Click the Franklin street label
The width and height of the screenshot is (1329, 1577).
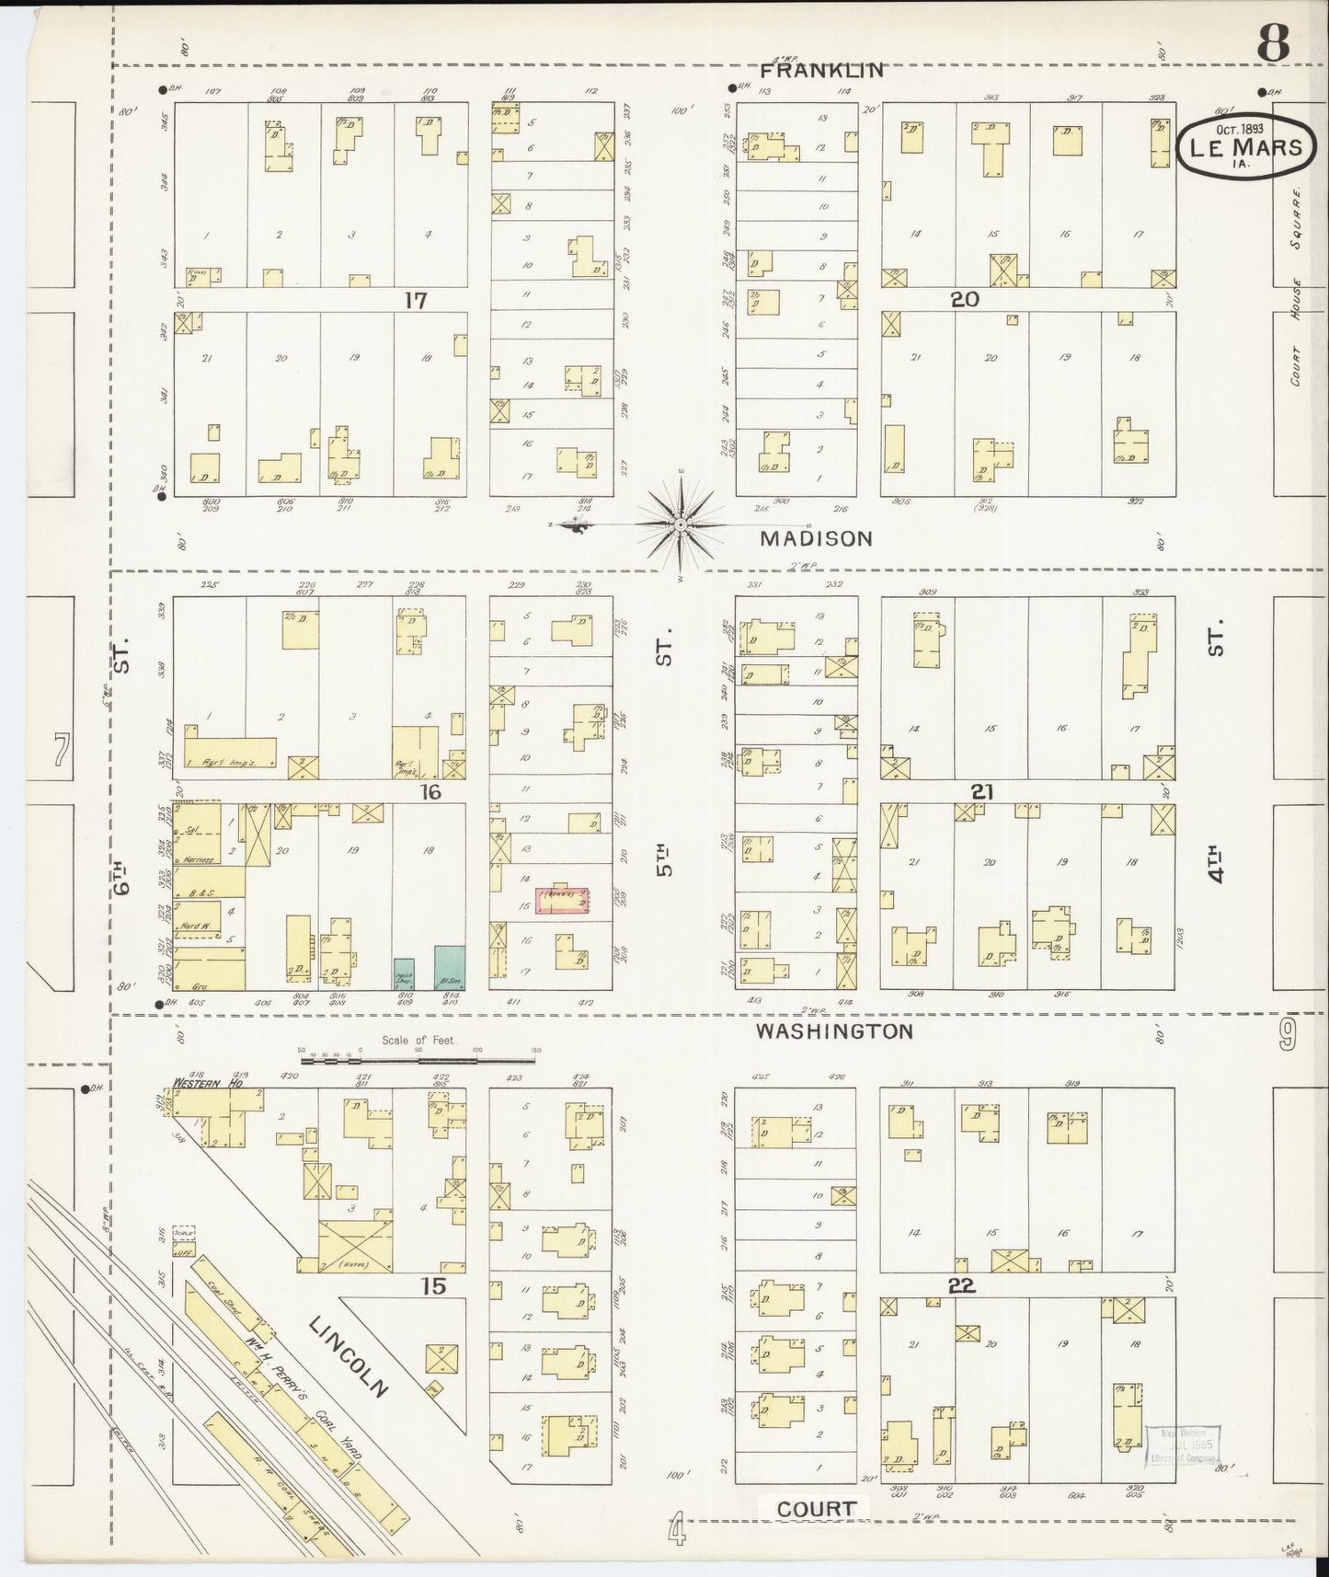822,70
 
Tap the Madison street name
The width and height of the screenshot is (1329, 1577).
816,538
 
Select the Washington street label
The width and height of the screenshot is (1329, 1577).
834,1030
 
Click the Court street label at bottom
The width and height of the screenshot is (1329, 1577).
816,1508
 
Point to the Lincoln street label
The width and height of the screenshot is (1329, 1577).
350,1356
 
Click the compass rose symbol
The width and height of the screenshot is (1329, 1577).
681,524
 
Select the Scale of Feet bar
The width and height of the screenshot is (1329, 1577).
418,1060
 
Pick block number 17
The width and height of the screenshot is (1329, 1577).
415,300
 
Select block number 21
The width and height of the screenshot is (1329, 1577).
980,792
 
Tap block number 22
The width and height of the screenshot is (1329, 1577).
962,1285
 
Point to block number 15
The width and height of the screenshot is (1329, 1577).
432,1285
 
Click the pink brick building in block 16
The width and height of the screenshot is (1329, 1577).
562,900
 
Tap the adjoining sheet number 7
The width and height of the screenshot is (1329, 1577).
61,752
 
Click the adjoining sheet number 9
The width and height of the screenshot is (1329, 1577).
1286,1034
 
